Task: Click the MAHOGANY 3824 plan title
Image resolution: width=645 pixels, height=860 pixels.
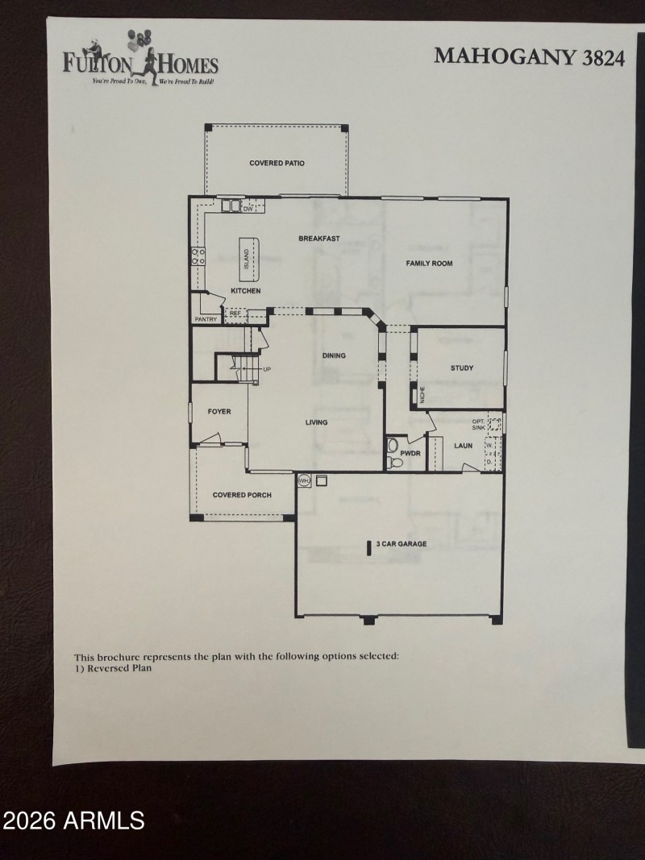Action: pyautogui.click(x=529, y=56)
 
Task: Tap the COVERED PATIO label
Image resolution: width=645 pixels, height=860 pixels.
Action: pyautogui.click(x=277, y=164)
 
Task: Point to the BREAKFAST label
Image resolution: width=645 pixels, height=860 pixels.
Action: pyautogui.click(x=319, y=239)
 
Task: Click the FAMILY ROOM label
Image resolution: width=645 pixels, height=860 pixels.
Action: pyautogui.click(x=429, y=264)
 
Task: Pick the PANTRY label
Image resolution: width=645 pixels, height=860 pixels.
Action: pyautogui.click(x=206, y=320)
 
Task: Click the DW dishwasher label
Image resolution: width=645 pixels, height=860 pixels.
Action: pyautogui.click(x=248, y=210)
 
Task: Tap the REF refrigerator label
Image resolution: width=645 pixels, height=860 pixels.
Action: pyautogui.click(x=235, y=314)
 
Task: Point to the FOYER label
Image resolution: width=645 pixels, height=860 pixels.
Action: pyautogui.click(x=219, y=412)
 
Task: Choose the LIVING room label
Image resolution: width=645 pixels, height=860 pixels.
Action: pyautogui.click(x=316, y=422)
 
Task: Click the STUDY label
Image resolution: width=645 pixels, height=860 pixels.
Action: pyautogui.click(x=462, y=368)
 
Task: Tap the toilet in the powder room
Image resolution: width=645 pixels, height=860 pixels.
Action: pyautogui.click(x=393, y=446)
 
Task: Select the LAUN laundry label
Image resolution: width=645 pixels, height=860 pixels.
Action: pyautogui.click(x=463, y=445)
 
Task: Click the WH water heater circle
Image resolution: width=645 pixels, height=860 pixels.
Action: pyautogui.click(x=304, y=480)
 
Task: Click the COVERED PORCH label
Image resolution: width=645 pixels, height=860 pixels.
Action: pyautogui.click(x=242, y=495)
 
